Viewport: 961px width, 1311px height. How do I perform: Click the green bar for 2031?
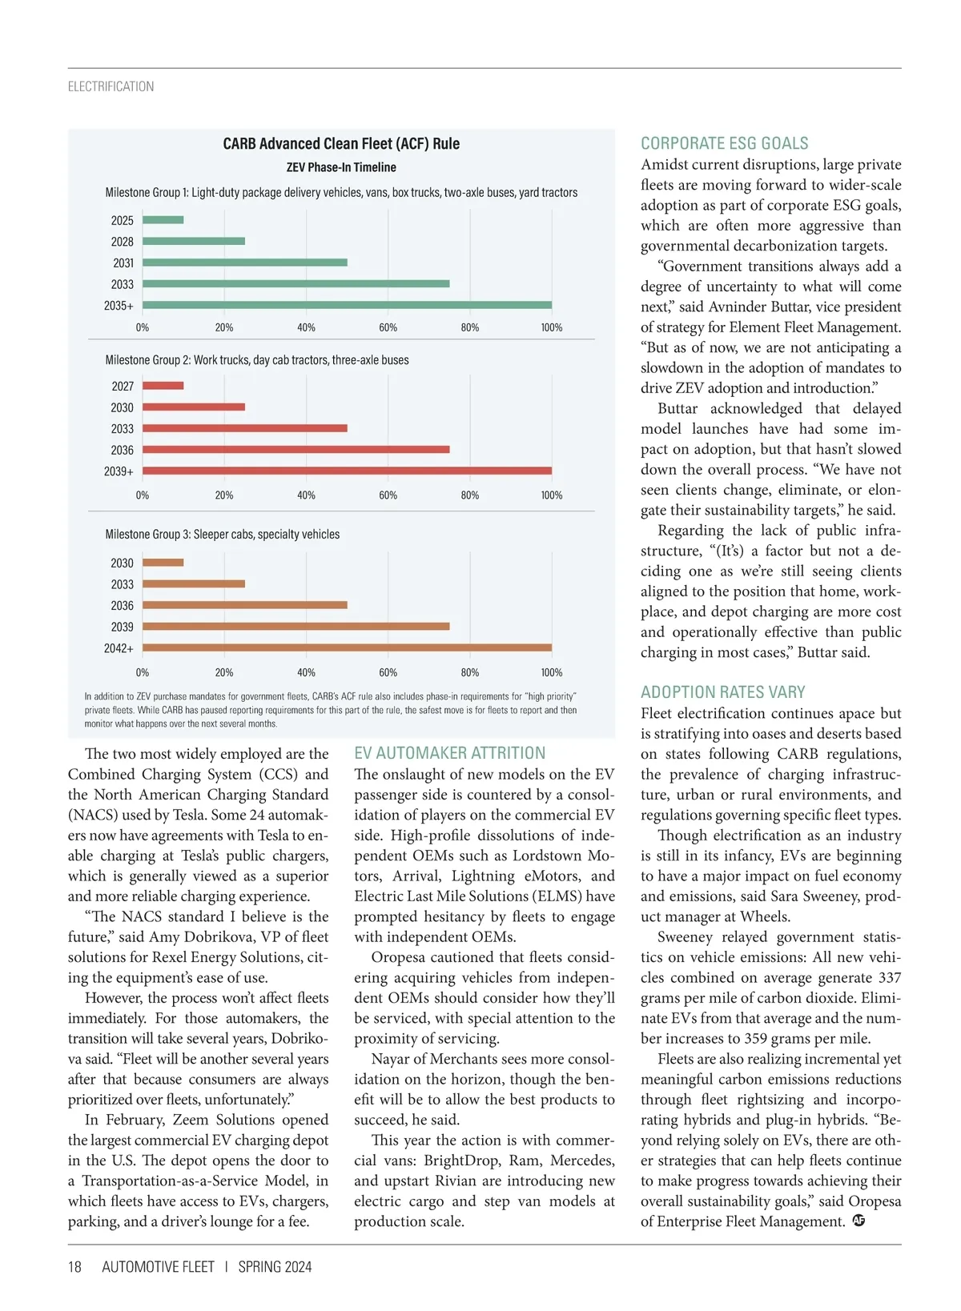click(x=245, y=263)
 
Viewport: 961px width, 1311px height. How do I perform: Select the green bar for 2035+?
click(x=347, y=305)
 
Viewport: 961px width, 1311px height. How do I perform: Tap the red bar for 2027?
click(x=163, y=386)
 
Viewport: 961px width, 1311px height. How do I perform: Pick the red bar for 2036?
click(x=296, y=450)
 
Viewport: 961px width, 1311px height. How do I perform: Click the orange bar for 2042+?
click(x=347, y=647)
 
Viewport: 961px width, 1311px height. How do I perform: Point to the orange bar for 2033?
click(x=194, y=584)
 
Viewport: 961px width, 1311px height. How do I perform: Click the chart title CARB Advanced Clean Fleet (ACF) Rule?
click(x=341, y=144)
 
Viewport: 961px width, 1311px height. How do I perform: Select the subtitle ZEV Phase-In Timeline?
click(x=341, y=167)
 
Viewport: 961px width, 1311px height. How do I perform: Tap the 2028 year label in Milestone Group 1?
click(x=123, y=242)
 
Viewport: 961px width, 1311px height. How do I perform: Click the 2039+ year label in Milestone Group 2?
click(x=119, y=471)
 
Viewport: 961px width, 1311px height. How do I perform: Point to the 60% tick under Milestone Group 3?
click(x=388, y=672)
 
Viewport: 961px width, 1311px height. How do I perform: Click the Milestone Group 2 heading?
click(x=257, y=360)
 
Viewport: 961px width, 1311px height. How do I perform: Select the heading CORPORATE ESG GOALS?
click(x=724, y=144)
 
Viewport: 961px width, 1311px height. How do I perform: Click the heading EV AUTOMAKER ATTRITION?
click(x=449, y=753)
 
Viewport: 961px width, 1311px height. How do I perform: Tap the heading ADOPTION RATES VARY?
click(x=722, y=692)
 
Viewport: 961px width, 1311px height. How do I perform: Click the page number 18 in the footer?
click(x=74, y=1267)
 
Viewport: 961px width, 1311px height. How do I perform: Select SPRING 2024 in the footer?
click(x=275, y=1267)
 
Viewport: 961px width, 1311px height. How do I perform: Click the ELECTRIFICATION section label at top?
click(x=111, y=86)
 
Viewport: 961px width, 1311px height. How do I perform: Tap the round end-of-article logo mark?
click(x=859, y=1221)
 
